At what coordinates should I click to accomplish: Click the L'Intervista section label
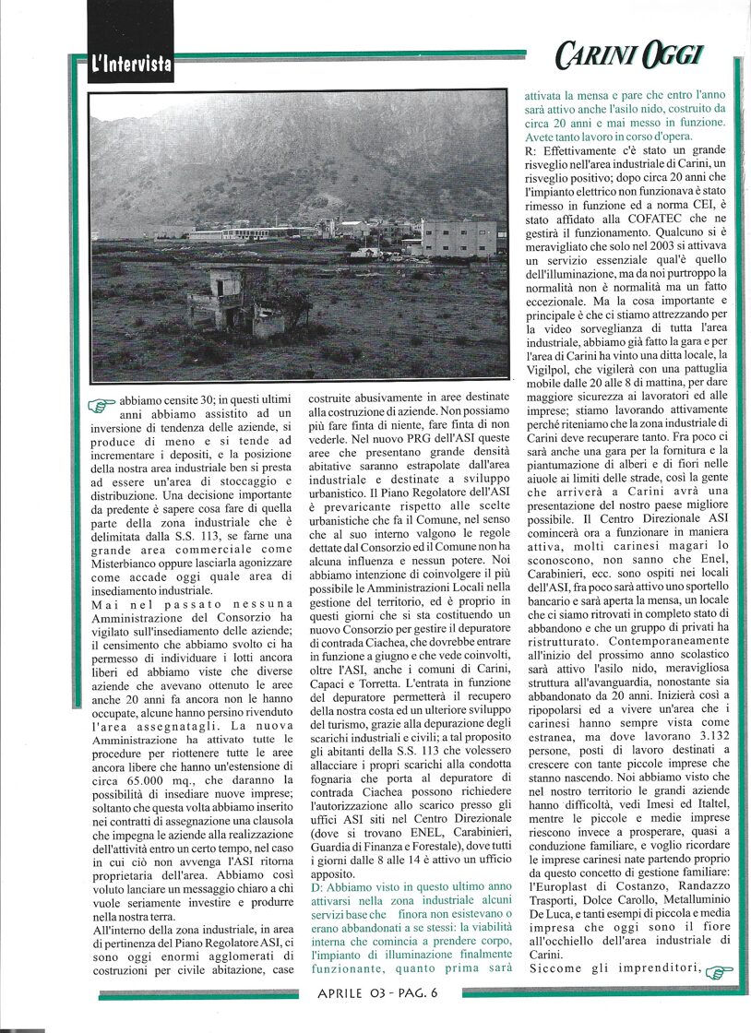pos(131,65)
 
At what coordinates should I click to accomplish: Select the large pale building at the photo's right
pos(458,237)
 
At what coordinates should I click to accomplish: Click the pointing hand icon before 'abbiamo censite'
pos(104,403)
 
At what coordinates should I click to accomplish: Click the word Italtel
pos(700,815)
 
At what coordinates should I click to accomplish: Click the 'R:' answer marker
pos(530,149)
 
